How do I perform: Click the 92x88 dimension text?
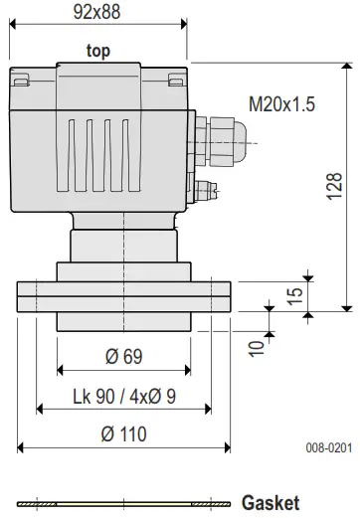tap(96, 12)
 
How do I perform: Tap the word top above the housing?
tap(98, 51)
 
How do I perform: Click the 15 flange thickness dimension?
tap(293, 297)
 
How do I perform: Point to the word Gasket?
tap(270, 503)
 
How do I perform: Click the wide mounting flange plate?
tap(123, 297)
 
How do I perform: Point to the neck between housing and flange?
tap(123, 243)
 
